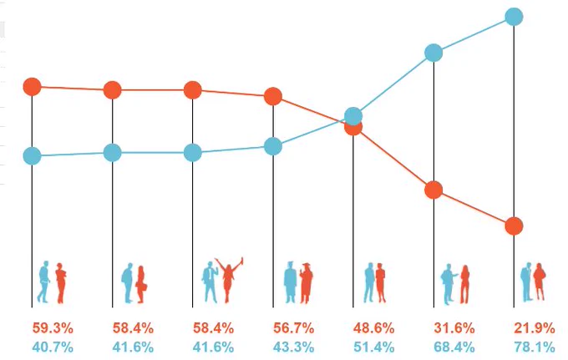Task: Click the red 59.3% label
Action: point(53,328)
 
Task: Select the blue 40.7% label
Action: point(53,347)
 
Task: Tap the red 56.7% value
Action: point(293,328)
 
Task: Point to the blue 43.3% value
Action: point(293,347)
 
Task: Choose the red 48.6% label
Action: point(374,328)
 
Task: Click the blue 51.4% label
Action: point(374,347)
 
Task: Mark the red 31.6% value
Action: point(454,328)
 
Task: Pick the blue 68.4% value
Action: point(454,347)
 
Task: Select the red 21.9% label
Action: point(535,328)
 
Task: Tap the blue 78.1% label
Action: point(535,347)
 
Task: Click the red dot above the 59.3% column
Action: point(33,87)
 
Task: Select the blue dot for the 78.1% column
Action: point(514,17)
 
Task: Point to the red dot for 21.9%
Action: point(514,226)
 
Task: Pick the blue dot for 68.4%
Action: point(434,53)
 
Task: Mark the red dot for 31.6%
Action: point(434,190)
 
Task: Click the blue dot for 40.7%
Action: point(33,155)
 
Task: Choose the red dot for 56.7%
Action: point(273,96)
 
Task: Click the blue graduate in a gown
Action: point(291,282)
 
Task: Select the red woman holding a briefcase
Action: point(141,284)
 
